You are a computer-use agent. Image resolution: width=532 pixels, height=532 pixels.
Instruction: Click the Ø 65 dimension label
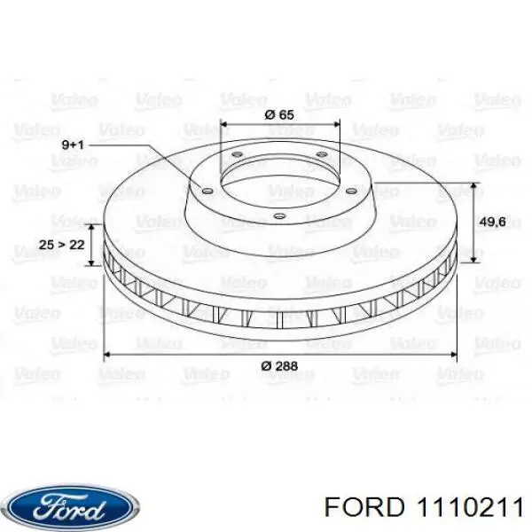coord(279,114)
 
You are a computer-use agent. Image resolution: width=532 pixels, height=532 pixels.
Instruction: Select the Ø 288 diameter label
coord(279,366)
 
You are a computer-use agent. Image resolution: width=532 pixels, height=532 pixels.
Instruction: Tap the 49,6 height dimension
coord(492,222)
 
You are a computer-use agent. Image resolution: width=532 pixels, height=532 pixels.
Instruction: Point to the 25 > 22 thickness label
coord(61,245)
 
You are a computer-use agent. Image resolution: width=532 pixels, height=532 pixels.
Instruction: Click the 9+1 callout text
coord(73,145)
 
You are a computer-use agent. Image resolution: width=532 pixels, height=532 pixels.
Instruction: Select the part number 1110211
coord(470,508)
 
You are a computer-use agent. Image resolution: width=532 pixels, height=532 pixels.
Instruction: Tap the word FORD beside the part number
coord(364,508)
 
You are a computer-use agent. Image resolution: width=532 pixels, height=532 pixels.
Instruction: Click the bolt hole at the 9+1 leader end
coord(207,192)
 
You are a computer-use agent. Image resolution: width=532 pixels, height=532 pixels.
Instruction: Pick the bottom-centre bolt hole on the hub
coord(279,215)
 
